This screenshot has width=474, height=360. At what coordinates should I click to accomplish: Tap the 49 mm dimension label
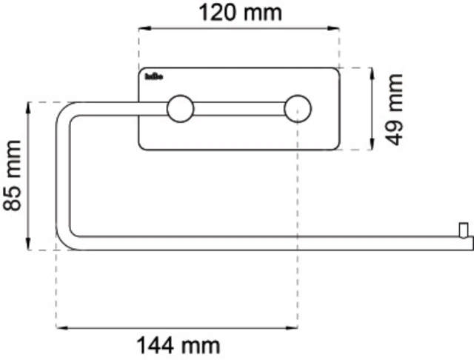coord(392,108)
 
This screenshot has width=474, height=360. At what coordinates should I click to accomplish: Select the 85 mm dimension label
coord(13,176)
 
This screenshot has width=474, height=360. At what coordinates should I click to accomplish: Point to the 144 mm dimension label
coord(178,344)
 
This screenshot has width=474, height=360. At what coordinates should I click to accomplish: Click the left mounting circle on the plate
coord(178,109)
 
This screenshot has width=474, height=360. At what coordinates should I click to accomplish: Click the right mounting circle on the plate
coord(298,109)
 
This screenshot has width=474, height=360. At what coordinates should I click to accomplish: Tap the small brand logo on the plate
coord(154,76)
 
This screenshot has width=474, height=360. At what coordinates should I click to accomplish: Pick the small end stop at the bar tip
coord(463,229)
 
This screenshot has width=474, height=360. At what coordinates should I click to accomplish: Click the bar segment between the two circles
coord(238,110)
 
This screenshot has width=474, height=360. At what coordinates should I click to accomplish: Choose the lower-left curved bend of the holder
coord(64,241)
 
